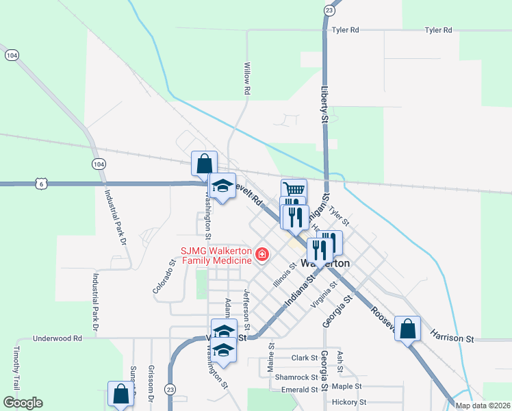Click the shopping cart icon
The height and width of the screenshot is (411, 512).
[x=294, y=189]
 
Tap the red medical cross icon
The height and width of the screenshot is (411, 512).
[x=261, y=255]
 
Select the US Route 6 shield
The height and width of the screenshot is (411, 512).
[x=42, y=184]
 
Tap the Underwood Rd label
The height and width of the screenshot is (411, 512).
[x=59, y=338]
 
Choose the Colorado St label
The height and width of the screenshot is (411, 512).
[x=164, y=277]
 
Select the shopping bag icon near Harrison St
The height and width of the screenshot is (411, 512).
[x=408, y=328]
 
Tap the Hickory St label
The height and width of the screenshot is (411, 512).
[x=349, y=402]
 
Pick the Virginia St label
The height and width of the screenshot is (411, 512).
[x=324, y=294]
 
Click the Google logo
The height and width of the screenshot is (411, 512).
[x=23, y=403]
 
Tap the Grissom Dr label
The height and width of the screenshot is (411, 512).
[x=149, y=388]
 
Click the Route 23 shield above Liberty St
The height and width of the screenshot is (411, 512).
[x=330, y=10]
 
